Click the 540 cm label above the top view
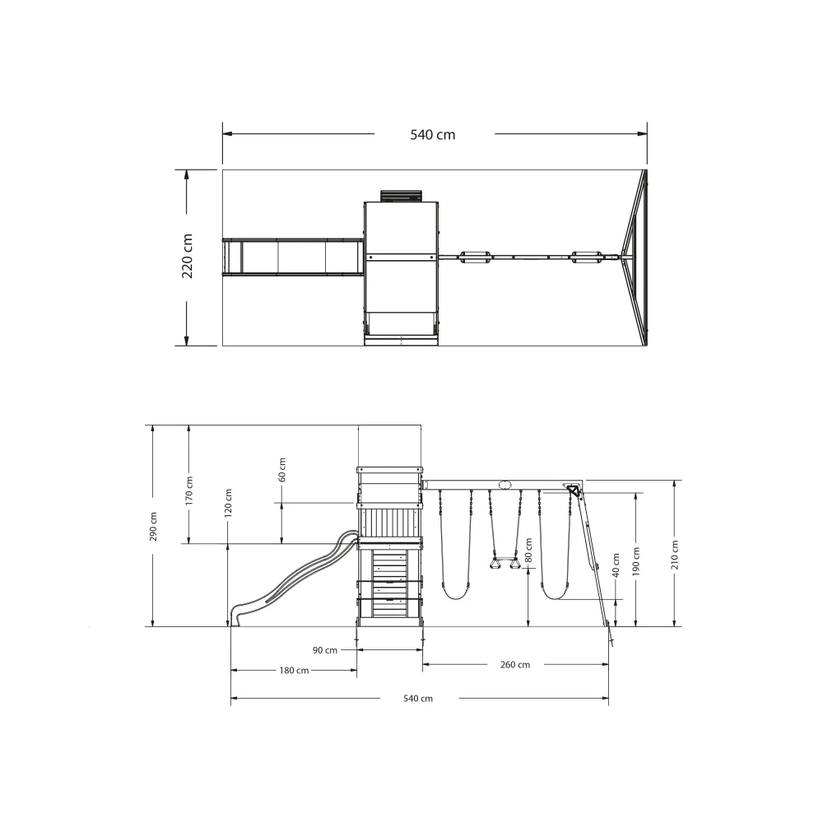(x=433, y=135)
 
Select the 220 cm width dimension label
(x=188, y=256)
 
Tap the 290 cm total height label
(x=153, y=527)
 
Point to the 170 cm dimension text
(x=189, y=491)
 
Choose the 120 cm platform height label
(x=228, y=504)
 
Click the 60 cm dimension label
(x=281, y=470)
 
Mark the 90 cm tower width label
(x=325, y=650)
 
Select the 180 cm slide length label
(x=294, y=670)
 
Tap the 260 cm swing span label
(x=515, y=664)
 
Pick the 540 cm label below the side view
(x=418, y=699)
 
